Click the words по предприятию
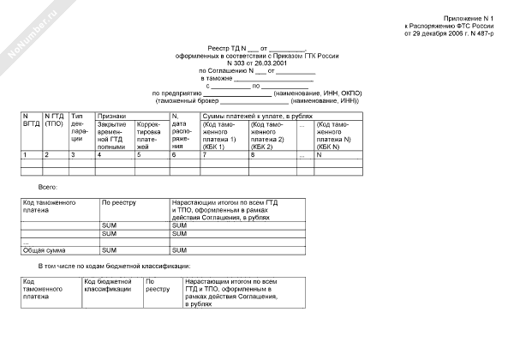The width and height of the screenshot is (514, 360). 176,93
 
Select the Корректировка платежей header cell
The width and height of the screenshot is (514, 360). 152,135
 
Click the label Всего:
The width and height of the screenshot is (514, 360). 48,185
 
